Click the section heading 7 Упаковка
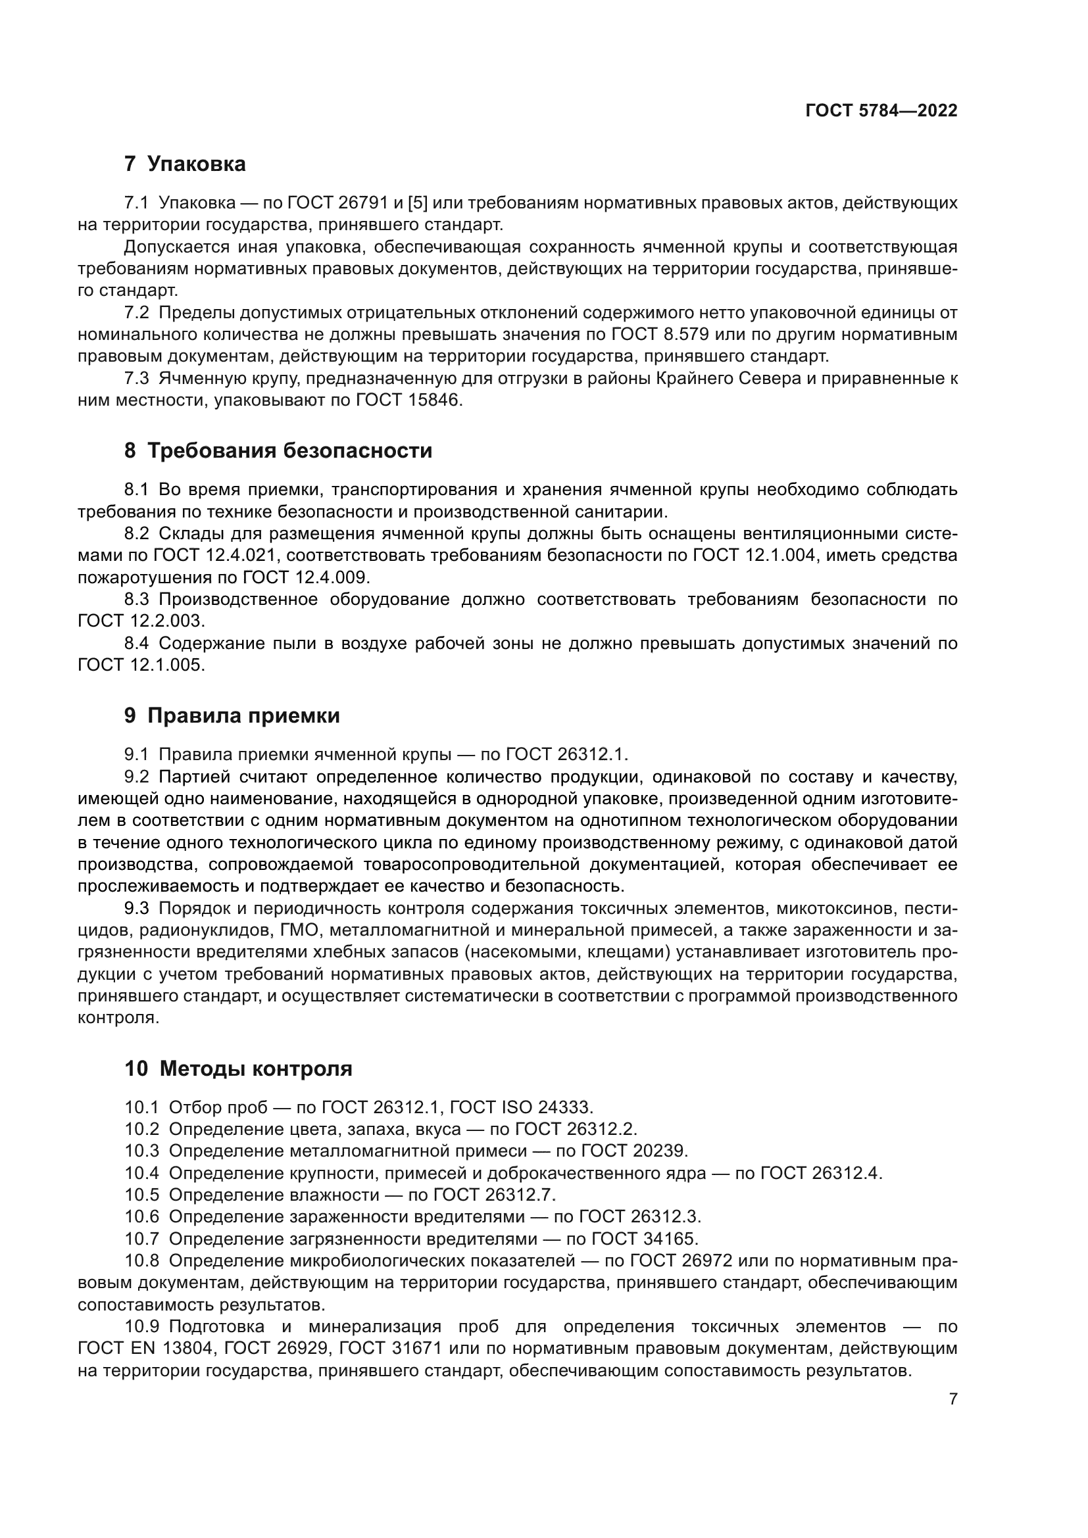(185, 164)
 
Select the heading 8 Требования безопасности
(278, 451)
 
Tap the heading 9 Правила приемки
(232, 715)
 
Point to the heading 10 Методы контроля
(239, 1069)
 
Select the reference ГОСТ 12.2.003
(139, 621)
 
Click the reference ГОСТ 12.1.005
(139, 665)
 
